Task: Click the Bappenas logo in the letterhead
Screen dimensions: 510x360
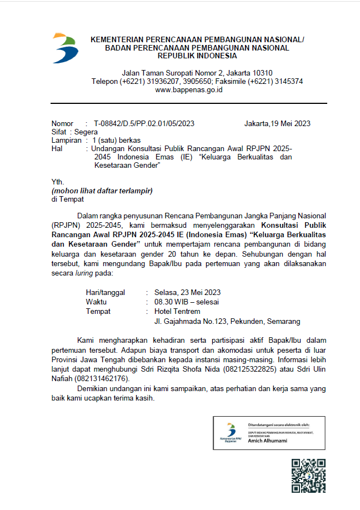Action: pos(65,48)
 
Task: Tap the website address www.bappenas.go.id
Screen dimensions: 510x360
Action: pos(189,89)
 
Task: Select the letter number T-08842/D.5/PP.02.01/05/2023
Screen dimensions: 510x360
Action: pos(144,124)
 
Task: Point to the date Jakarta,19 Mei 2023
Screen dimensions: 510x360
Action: pos(277,124)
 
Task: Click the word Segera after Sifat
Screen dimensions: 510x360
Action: pos(86,132)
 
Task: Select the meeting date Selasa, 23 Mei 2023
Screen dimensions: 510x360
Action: pos(188,292)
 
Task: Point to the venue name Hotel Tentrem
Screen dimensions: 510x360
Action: pos(177,311)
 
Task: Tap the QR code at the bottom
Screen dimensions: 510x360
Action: pos(308,475)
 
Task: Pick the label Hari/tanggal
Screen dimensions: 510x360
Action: pos(105,292)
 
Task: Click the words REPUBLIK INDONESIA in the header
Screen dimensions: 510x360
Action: pos(197,56)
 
